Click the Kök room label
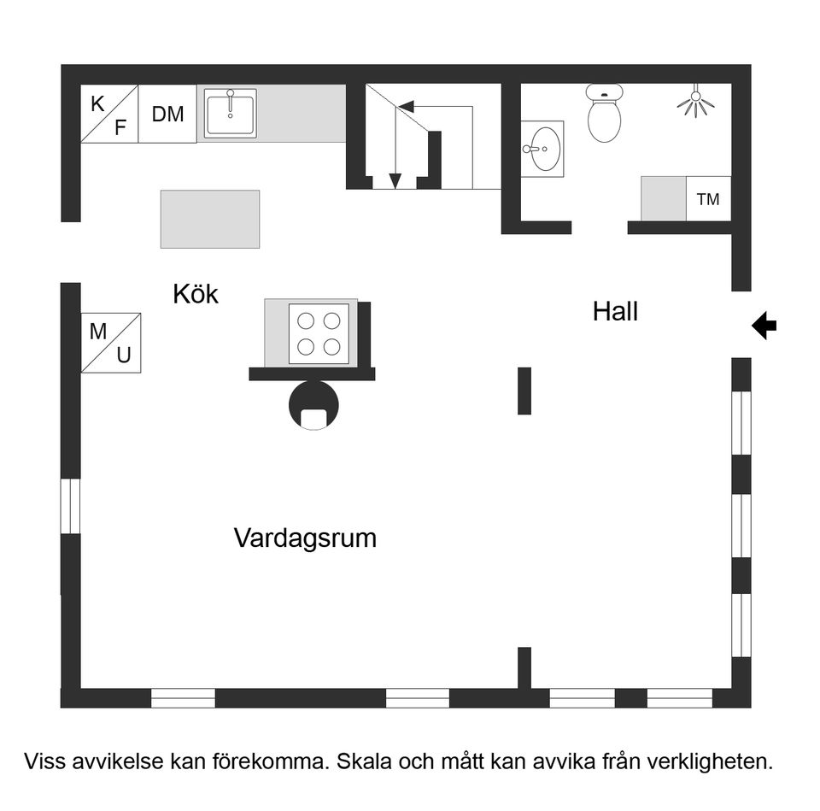pyautogui.click(x=196, y=295)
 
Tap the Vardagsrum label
pyautogui.click(x=305, y=538)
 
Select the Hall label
pyautogui.click(x=615, y=312)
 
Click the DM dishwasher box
pyautogui.click(x=167, y=114)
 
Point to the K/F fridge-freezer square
pyautogui.click(x=109, y=114)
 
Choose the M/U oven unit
pyautogui.click(x=111, y=343)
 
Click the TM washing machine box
pyautogui.click(x=708, y=199)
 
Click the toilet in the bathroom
pyautogui.click(x=605, y=115)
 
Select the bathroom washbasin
pyautogui.click(x=542, y=148)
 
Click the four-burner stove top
pyautogui.click(x=319, y=333)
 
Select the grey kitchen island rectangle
pyautogui.click(x=210, y=219)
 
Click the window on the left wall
pyautogui.click(x=70, y=506)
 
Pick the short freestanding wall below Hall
pyautogui.click(x=524, y=391)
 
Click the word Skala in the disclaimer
pyautogui.click(x=362, y=761)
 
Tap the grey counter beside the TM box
pyautogui.click(x=664, y=199)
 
